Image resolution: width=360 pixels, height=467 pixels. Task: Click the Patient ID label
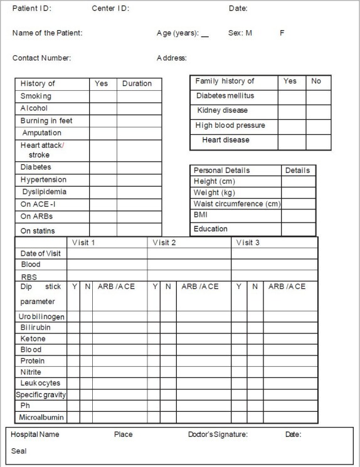point(32,9)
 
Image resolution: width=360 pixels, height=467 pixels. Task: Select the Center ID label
point(110,9)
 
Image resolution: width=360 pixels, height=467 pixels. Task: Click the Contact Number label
point(41,58)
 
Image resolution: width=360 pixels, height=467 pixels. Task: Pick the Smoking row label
point(36,97)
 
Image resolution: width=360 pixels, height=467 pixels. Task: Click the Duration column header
point(137,83)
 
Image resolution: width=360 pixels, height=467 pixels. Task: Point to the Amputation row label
point(41,133)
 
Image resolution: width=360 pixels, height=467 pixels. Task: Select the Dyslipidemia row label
point(43,192)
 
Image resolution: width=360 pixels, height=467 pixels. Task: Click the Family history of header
point(225,81)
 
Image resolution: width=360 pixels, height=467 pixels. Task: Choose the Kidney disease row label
point(223,110)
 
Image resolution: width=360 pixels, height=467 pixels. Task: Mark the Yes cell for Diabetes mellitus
point(292,97)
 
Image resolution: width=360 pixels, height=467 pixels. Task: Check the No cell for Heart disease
point(318,142)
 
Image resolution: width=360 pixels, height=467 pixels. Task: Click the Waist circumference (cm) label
point(237,204)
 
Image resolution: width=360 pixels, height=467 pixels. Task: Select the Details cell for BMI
point(298,216)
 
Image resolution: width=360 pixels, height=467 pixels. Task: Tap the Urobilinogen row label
point(41,317)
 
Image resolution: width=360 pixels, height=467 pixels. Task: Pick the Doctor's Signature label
point(218,434)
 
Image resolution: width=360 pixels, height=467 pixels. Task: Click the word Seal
point(19,451)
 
